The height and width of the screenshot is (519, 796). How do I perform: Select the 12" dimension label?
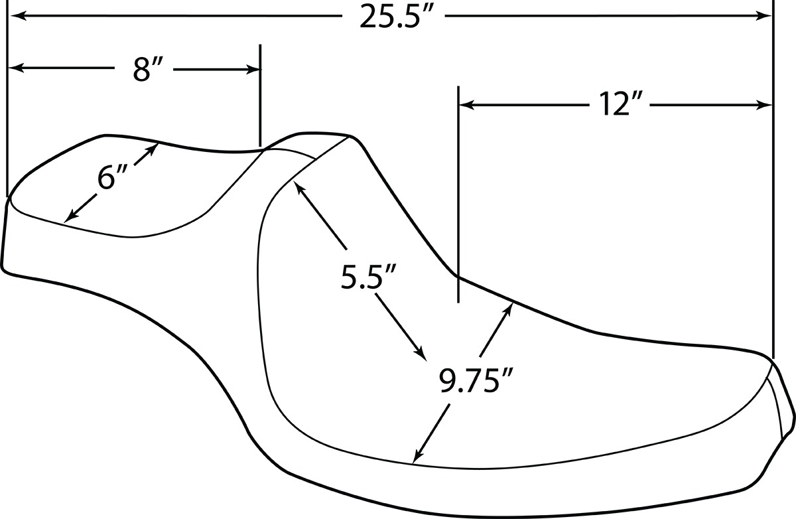coord(618,105)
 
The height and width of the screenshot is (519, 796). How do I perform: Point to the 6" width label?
coord(112,177)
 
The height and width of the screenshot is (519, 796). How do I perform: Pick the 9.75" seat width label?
coord(476,381)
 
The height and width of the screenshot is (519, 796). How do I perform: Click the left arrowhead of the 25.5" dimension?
coord(17,16)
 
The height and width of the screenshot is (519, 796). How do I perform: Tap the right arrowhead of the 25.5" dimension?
coord(764,16)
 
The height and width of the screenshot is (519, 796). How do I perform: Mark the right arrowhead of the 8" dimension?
coord(253,69)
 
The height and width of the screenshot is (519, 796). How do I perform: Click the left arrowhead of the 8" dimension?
coord(17,68)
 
